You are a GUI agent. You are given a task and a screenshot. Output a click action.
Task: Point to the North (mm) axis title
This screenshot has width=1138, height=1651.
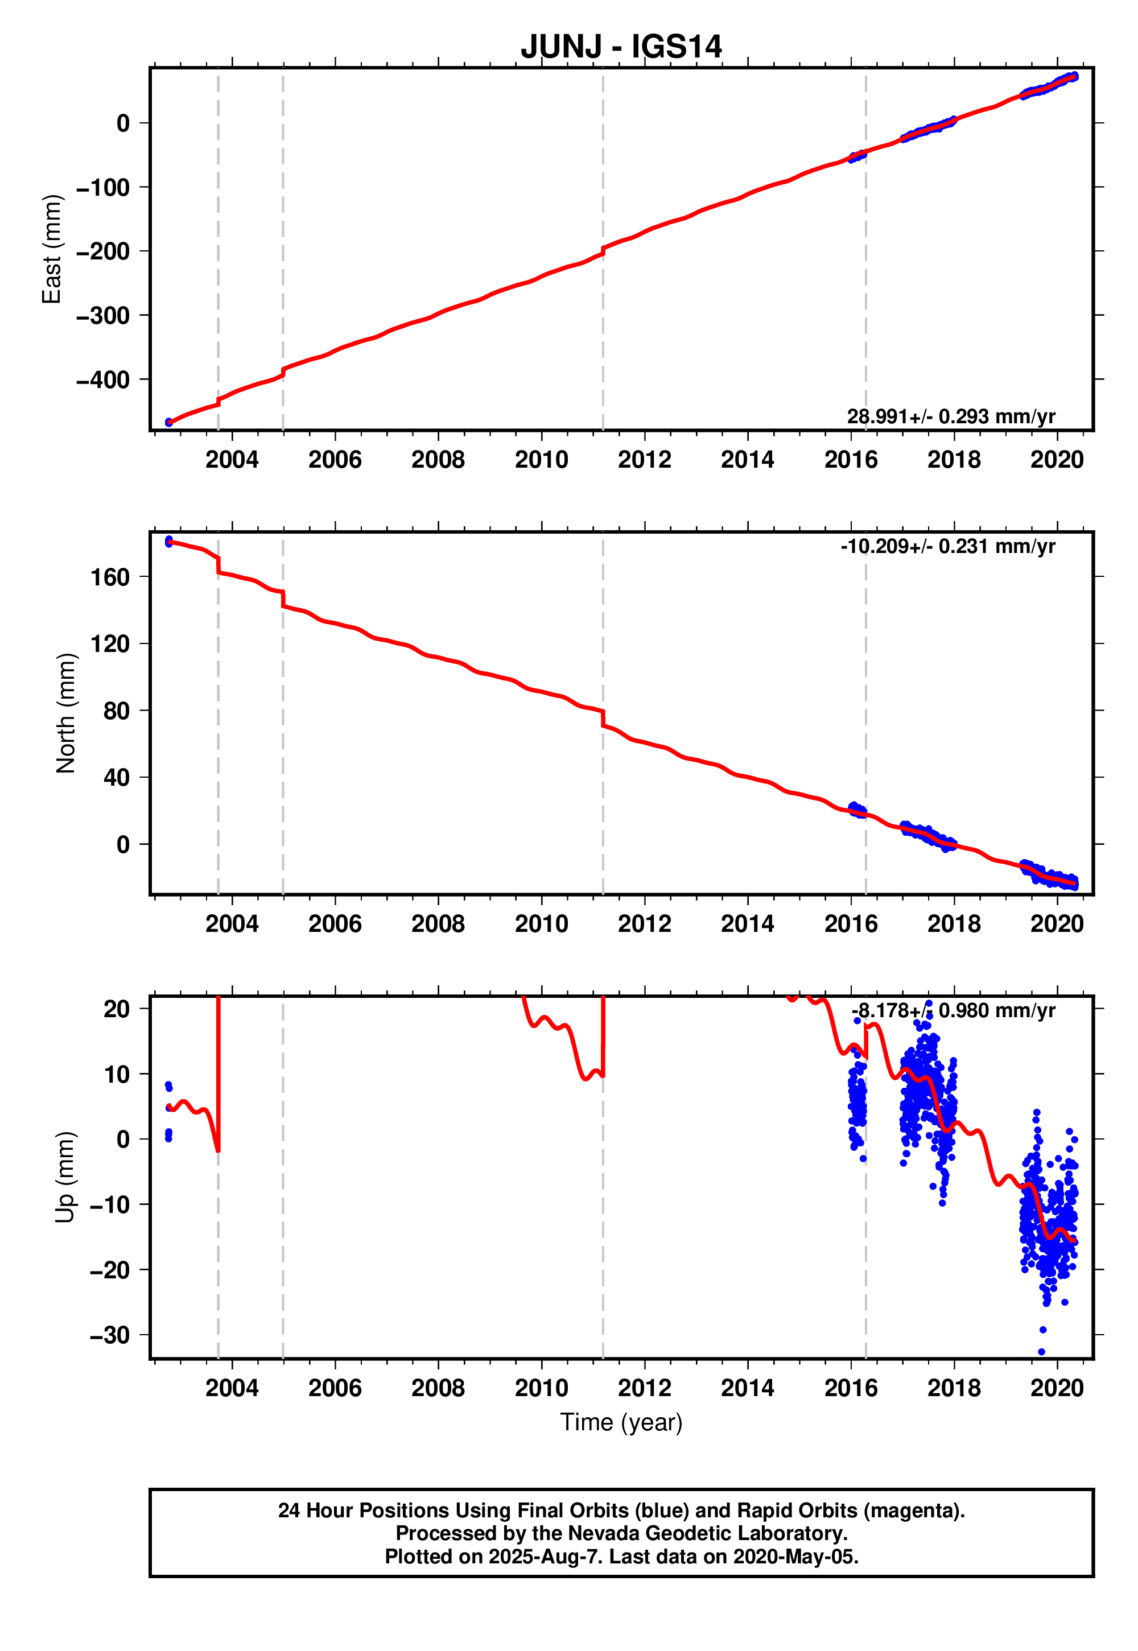[x=65, y=713]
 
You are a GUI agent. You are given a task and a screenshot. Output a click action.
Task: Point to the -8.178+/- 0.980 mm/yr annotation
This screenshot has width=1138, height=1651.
[x=953, y=1011]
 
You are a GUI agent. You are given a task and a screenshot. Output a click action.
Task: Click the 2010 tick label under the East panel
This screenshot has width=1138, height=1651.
[x=541, y=460]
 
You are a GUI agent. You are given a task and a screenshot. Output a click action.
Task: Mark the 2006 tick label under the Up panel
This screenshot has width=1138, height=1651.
[x=335, y=1388]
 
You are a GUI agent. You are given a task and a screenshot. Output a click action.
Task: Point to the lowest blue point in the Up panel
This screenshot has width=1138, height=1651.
[x=1041, y=1352]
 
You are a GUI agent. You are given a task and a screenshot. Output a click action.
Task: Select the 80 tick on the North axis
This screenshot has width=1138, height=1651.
[x=116, y=711]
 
